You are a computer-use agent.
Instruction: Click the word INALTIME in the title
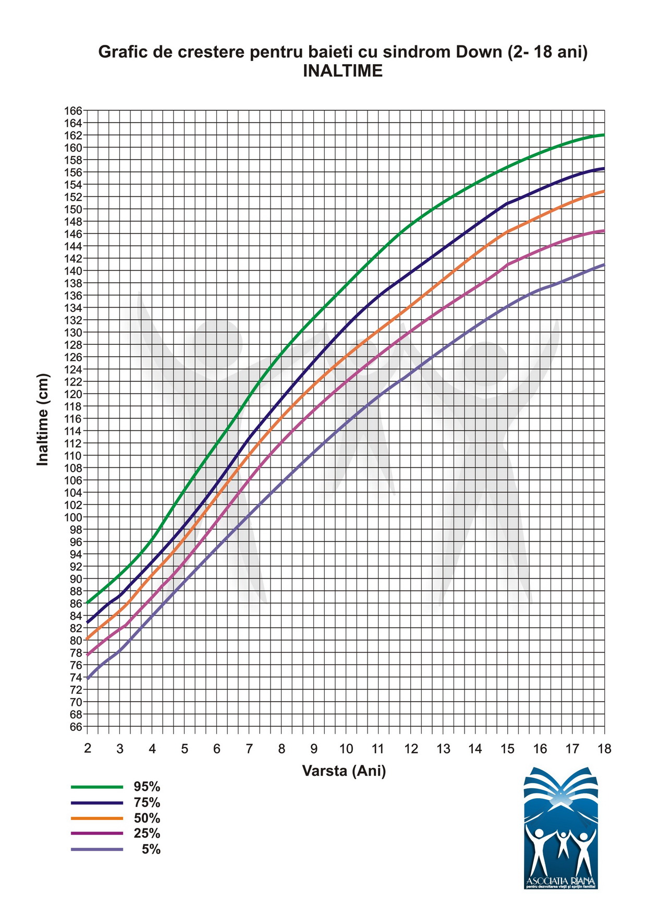(x=343, y=71)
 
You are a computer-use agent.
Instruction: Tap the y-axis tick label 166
(x=73, y=111)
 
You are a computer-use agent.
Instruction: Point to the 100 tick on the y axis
(x=73, y=517)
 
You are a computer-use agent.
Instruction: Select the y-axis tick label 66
(x=76, y=727)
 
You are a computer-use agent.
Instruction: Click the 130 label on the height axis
(x=73, y=332)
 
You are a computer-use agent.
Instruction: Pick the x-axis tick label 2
(x=88, y=749)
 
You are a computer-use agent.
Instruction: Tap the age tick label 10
(x=346, y=749)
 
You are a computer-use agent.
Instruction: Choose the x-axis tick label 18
(x=604, y=749)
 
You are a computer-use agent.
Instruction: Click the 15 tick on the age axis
(x=507, y=749)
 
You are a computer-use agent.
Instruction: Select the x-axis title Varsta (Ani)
(x=344, y=770)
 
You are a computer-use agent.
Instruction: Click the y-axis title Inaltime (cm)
(x=43, y=419)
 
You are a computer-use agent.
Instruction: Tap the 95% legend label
(x=147, y=787)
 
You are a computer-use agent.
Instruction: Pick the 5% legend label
(x=151, y=850)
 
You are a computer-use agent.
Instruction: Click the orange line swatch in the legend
(x=97, y=818)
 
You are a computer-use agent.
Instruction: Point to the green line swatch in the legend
(x=97, y=786)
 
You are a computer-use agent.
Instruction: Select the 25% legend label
(x=147, y=834)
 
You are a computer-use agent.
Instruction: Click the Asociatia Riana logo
(x=561, y=828)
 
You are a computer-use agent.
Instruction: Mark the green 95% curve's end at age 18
(x=604, y=135)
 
